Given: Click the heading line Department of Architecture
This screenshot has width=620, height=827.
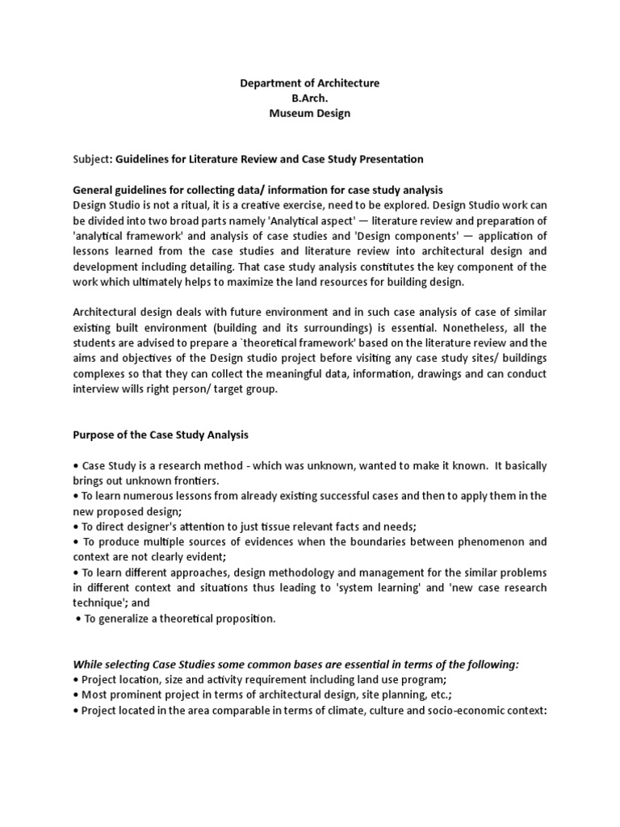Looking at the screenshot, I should pyautogui.click(x=310, y=83).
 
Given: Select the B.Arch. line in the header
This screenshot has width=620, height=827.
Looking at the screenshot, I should pyautogui.click(x=310, y=99).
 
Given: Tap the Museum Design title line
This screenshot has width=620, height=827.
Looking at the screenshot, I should pyautogui.click(x=310, y=114).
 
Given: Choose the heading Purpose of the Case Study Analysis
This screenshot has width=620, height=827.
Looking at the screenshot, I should pyautogui.click(x=161, y=434).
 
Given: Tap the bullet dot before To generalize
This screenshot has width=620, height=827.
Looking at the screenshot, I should pyautogui.click(x=77, y=619).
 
